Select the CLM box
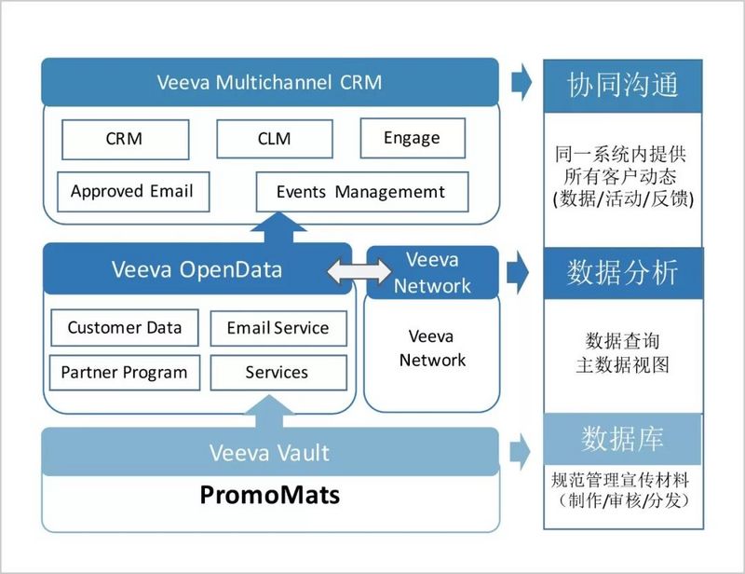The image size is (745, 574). coord(273,139)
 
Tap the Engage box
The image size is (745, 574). coord(412,138)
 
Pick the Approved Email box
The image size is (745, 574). coord(132,191)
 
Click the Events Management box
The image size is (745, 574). coord(361,192)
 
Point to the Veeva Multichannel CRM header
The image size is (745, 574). coord(270,81)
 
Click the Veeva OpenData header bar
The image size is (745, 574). coord(196,270)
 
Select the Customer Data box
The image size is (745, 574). coord(124,328)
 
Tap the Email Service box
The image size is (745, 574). coord(278,328)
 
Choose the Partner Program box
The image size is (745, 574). coord(124,373)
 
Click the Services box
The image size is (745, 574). coord(277,373)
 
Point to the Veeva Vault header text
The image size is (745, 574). coord(269,453)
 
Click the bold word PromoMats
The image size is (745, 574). coord(270,494)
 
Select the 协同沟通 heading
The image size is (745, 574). coord(622,85)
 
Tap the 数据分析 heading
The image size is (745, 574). coord(622,273)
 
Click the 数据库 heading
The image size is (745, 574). coord(622,438)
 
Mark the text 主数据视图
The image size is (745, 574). coord(622,365)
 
